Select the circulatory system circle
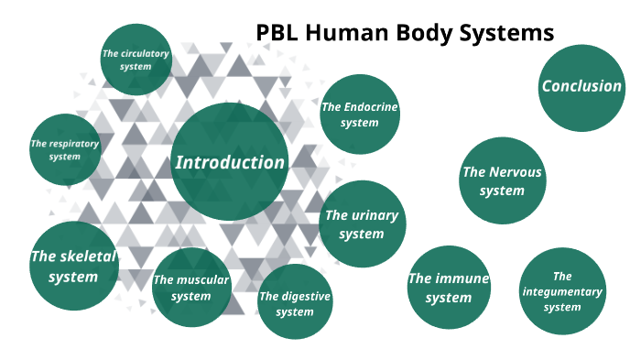click(x=136, y=60)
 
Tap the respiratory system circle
click(x=65, y=150)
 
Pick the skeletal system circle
click(x=74, y=266)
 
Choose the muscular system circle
click(x=190, y=288)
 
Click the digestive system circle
click(x=294, y=303)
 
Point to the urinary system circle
click(x=362, y=224)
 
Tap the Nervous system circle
click(x=502, y=180)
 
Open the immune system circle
click(x=449, y=287)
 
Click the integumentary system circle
click(x=562, y=291)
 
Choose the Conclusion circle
click(x=581, y=87)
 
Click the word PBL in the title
click(x=276, y=33)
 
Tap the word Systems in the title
click(x=511, y=33)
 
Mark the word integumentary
click(x=562, y=291)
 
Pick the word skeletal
click(x=88, y=256)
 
